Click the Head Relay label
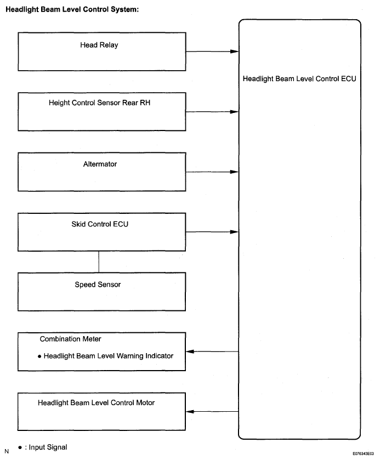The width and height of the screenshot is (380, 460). (99, 45)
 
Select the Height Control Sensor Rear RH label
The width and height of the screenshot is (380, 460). (99, 103)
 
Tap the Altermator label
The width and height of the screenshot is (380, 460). (100, 164)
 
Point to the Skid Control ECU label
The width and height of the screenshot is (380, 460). (100, 224)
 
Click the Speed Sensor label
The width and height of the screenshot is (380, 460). (98, 285)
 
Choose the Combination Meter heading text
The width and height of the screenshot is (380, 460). (70, 339)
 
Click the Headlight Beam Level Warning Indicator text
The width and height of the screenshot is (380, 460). (109, 356)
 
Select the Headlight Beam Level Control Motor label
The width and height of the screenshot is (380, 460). (97, 403)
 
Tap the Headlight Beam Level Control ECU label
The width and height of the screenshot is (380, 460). (299, 78)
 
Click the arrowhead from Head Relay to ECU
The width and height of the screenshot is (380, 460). (234, 52)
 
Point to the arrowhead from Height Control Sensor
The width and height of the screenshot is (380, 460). (234, 112)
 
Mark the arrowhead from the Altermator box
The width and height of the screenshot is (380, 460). (234, 172)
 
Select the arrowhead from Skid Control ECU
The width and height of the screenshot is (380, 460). (234, 232)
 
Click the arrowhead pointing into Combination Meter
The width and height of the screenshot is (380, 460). (190, 351)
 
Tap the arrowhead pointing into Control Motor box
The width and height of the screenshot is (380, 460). (190, 412)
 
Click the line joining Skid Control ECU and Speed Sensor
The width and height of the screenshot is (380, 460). (99, 262)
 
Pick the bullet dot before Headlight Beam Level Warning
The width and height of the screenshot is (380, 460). (39, 356)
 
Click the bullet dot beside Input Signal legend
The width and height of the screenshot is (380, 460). (20, 447)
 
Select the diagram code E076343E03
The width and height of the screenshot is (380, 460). (363, 453)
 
